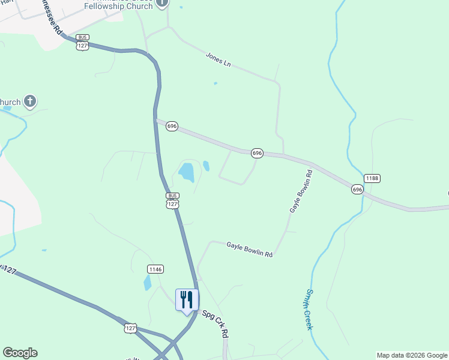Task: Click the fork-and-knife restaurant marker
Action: pos(186,299)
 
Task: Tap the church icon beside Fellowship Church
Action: pos(161,4)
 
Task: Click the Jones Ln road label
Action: pos(218,59)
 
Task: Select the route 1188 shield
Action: pos(372,178)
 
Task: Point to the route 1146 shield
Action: pos(155,269)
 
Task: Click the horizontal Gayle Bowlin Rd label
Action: pos(249,250)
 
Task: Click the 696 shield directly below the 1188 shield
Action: pos(357,189)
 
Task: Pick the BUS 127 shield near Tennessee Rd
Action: pos(83,42)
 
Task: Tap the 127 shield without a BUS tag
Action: pos(131,328)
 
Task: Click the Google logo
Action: pos(20,353)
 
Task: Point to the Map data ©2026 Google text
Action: pos(412,355)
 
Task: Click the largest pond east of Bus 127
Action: pos(187,173)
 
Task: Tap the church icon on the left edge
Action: pos(31,101)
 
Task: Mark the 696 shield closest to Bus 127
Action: pos(172,126)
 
